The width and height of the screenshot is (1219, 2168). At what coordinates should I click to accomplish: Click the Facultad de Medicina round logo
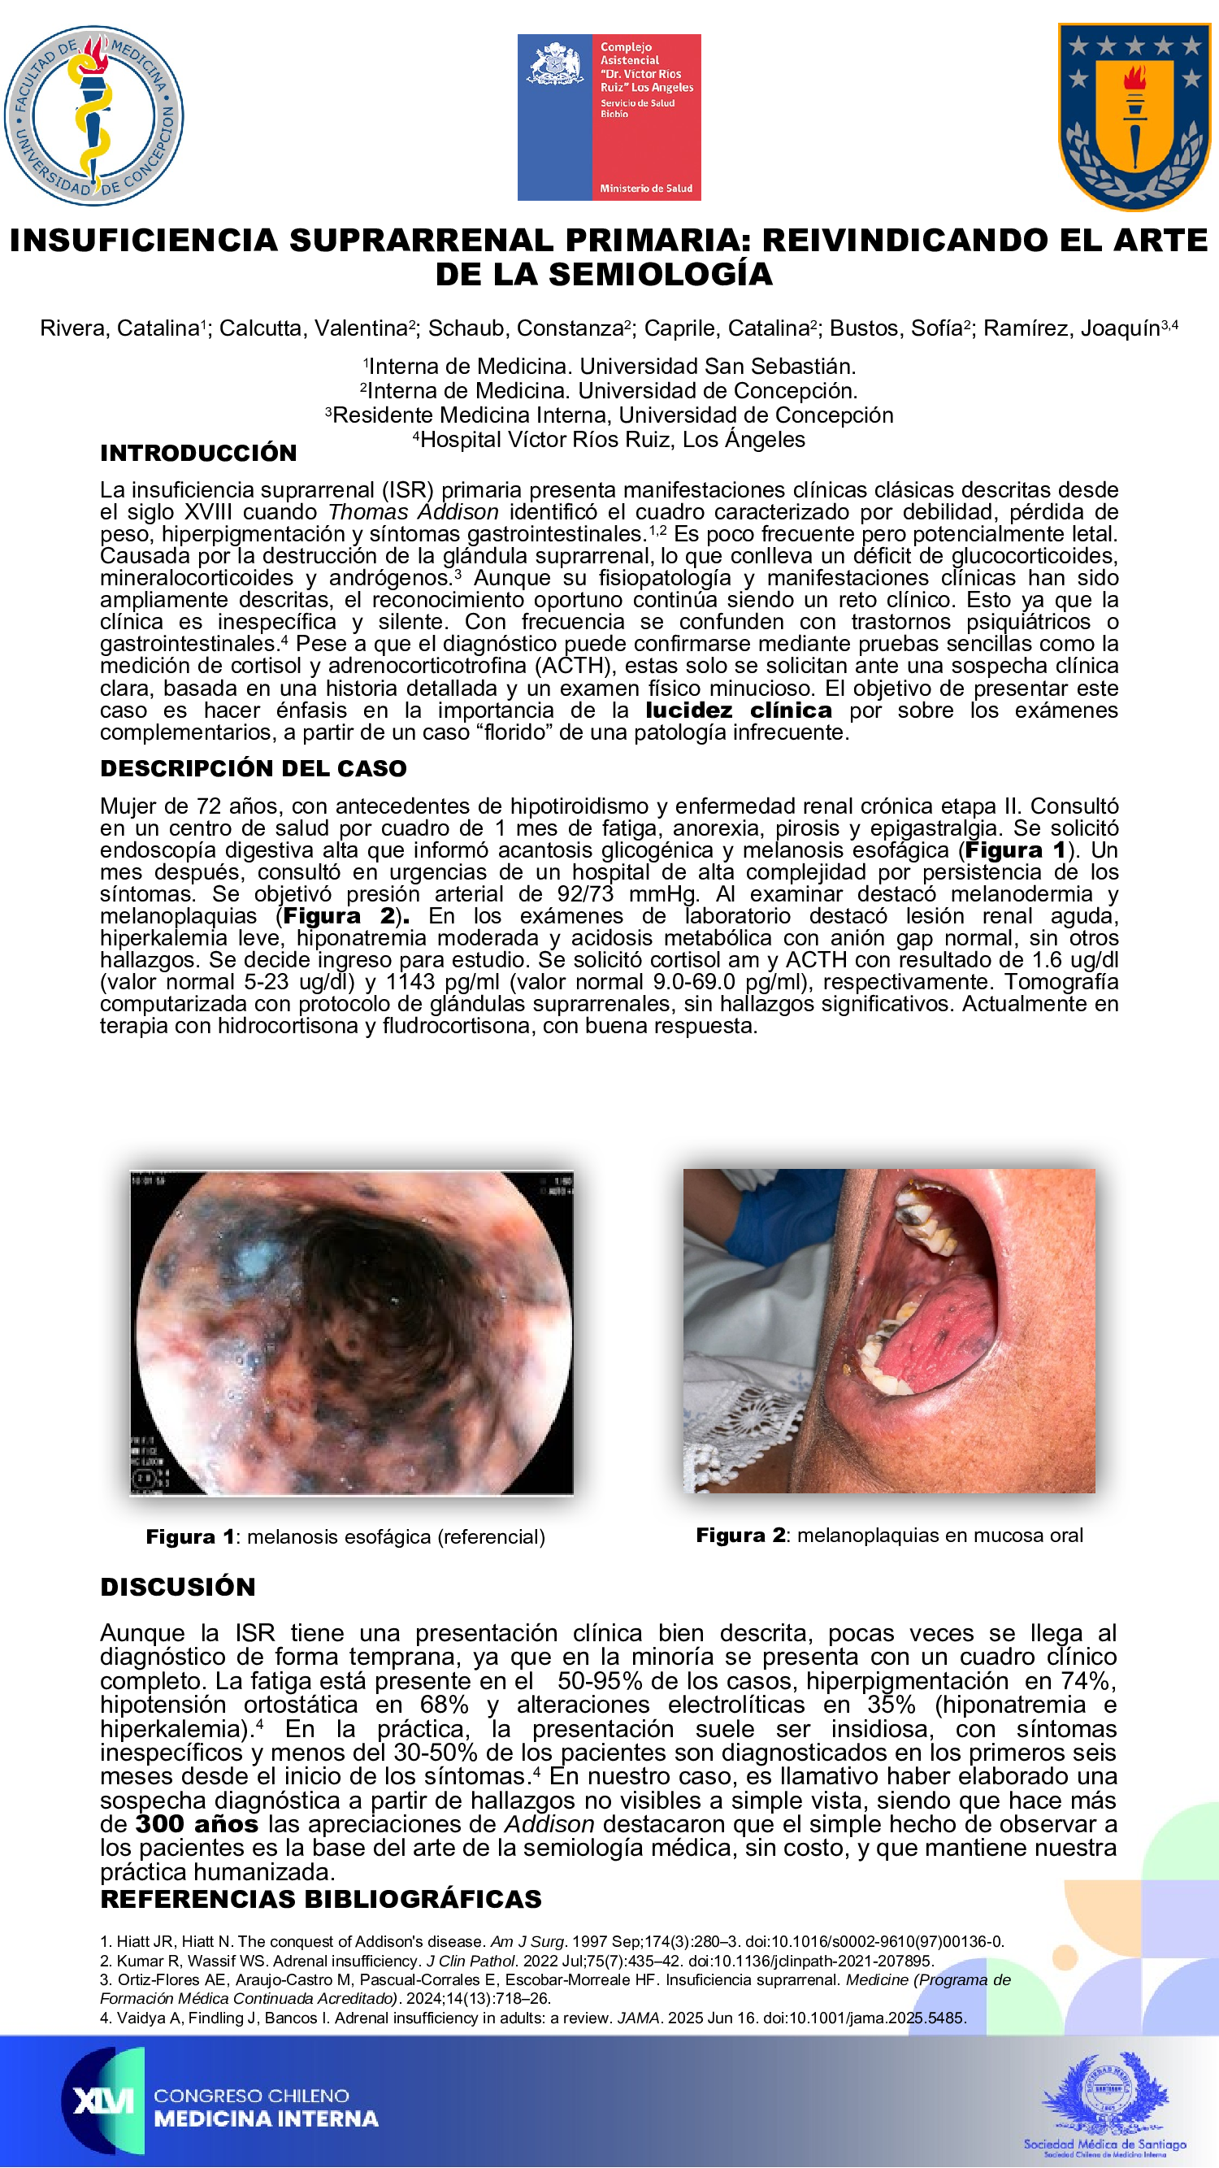pyautogui.click(x=93, y=116)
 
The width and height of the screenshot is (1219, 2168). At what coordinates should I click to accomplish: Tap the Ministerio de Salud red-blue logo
pyautogui.click(x=608, y=117)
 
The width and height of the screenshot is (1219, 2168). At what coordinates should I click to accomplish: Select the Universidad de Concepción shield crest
pyautogui.click(x=1133, y=116)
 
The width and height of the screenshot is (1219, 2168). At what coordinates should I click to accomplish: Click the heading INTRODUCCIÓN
pyautogui.click(x=198, y=453)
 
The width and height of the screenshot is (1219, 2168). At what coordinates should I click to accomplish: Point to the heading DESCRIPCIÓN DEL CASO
pyautogui.click(x=254, y=768)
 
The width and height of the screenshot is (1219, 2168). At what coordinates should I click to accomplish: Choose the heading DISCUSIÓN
pyautogui.click(x=177, y=1587)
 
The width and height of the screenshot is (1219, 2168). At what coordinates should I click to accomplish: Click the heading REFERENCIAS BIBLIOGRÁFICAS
pyautogui.click(x=320, y=1900)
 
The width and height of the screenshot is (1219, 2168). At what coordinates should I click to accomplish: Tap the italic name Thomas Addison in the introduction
pyautogui.click(x=413, y=511)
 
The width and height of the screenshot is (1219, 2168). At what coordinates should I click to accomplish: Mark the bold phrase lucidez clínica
pyautogui.click(x=739, y=710)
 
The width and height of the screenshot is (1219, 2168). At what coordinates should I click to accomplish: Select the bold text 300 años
pyautogui.click(x=197, y=1824)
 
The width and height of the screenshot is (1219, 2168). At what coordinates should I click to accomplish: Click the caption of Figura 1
pyautogui.click(x=345, y=1537)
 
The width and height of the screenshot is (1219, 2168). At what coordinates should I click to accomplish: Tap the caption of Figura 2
pyautogui.click(x=889, y=1535)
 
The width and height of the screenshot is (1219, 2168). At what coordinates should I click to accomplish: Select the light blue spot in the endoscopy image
pyautogui.click(x=255, y=1261)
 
